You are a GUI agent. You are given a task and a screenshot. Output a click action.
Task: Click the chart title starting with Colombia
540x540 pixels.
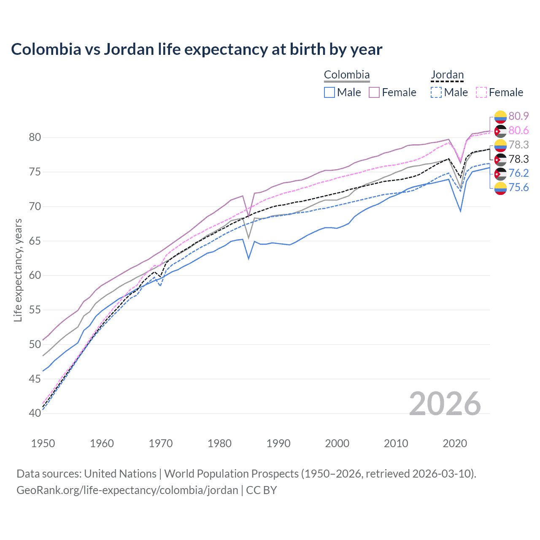[x=197, y=49]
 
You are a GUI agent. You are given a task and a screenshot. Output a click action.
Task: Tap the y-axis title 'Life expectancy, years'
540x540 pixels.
[x=18, y=270]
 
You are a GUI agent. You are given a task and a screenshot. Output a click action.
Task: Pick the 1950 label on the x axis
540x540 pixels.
[x=43, y=443]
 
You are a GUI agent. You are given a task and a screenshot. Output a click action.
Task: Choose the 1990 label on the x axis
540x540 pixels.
[x=278, y=443]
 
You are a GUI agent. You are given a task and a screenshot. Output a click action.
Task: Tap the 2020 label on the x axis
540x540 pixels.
[x=455, y=443]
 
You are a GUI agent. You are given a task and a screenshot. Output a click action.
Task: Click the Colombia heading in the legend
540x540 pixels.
[x=347, y=75]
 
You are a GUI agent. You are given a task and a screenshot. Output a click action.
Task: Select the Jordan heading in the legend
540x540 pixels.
[x=447, y=75]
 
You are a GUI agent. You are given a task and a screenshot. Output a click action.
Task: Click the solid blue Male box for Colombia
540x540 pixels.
[x=329, y=92]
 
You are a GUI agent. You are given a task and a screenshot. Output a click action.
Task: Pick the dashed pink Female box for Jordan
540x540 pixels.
[x=481, y=92]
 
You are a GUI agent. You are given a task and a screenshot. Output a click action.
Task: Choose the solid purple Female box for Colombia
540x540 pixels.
[x=374, y=92]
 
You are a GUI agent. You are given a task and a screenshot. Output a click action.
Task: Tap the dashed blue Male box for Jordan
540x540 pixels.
[x=436, y=92]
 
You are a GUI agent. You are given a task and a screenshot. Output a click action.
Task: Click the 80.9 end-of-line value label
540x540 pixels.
[x=518, y=116]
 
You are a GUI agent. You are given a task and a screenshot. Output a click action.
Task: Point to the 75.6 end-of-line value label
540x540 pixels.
[x=518, y=187]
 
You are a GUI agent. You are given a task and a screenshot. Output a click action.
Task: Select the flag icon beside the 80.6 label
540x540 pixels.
[x=500, y=131]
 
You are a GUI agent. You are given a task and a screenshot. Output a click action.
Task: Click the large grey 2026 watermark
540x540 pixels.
[x=445, y=404]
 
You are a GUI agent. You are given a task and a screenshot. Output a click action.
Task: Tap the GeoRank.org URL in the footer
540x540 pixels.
[x=127, y=490]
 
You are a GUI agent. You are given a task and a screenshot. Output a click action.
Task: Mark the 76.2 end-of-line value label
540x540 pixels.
[x=518, y=173]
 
